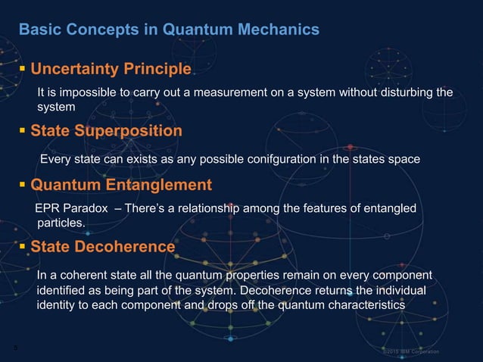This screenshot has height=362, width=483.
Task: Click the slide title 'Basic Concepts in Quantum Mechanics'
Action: click(169, 30)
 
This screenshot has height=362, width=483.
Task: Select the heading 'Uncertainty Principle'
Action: click(111, 70)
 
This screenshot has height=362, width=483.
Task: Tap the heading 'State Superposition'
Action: click(106, 131)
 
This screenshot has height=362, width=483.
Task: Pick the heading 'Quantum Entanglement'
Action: click(121, 186)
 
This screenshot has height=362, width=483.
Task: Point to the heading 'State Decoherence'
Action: click(102, 247)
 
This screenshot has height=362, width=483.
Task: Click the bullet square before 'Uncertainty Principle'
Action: click(23, 70)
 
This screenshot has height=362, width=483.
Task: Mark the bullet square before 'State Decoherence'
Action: click(23, 247)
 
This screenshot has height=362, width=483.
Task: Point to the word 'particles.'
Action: click(61, 223)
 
